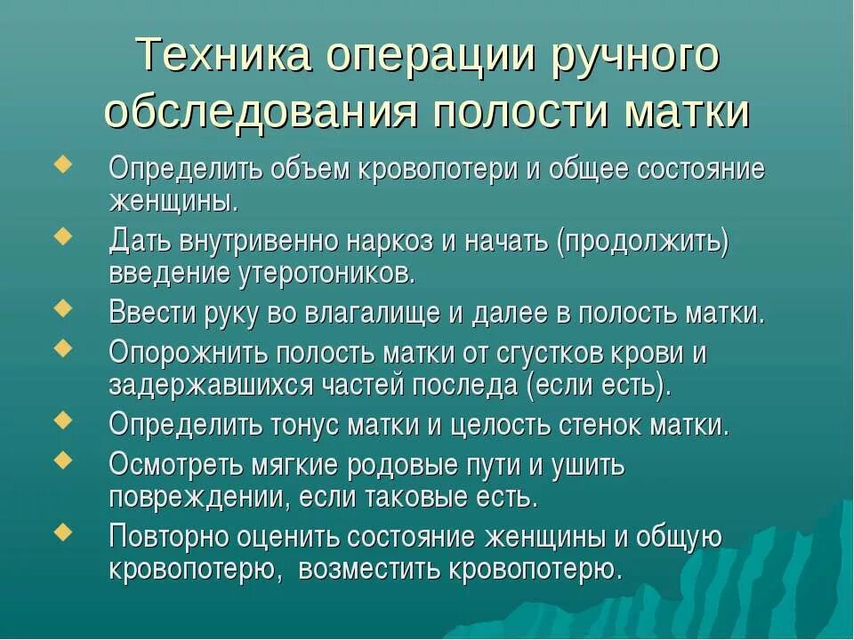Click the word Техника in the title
(222, 55)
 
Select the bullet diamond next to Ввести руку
(63, 308)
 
